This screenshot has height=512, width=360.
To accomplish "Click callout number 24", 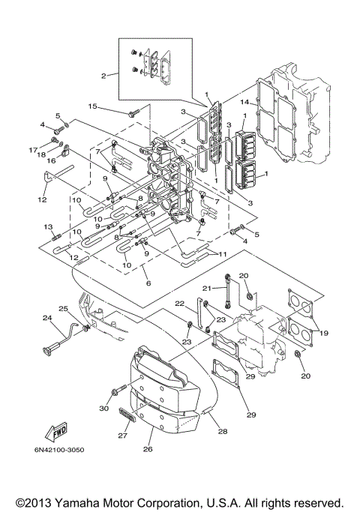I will point(46,318).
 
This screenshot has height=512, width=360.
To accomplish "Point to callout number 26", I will point(147,450).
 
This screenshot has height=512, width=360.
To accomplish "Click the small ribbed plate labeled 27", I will point(128,415).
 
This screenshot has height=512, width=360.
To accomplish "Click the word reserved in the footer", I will point(319,502).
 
